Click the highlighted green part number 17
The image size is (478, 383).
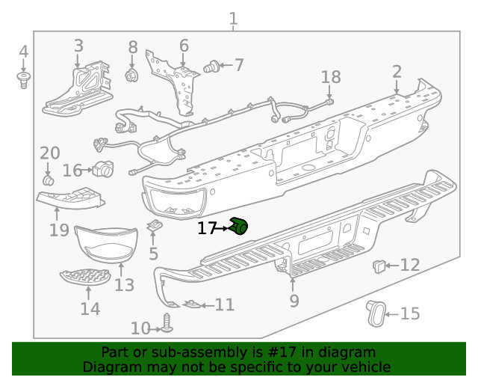240,224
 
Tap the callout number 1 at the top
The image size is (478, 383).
233,19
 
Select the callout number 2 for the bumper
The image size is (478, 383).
397,72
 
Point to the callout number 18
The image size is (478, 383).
331,76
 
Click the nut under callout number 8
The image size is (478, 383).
132,75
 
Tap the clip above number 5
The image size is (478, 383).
155,225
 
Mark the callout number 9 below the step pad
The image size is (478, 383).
294,301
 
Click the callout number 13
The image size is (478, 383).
124,284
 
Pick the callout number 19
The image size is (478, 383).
59,230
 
